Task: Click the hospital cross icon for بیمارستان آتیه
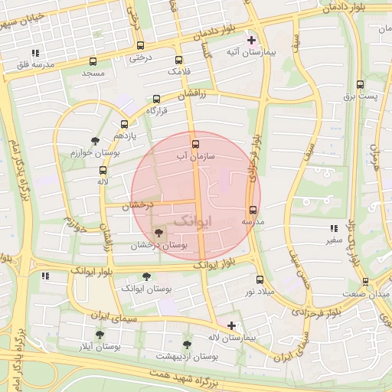click(x=251, y=39)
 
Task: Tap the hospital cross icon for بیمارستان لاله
click(x=231, y=325)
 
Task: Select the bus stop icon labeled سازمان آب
click(x=195, y=144)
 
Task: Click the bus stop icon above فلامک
click(x=178, y=60)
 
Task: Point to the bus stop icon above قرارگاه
click(x=157, y=99)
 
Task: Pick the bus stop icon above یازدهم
click(x=124, y=124)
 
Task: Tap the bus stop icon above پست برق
click(x=360, y=85)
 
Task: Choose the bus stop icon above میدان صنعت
click(x=365, y=282)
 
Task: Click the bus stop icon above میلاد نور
click(x=260, y=279)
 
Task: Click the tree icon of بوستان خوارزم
click(x=95, y=141)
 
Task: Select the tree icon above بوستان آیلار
click(x=100, y=335)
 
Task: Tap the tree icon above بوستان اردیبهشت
click(x=188, y=345)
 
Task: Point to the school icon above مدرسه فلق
click(x=35, y=54)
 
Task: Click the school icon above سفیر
click(x=333, y=228)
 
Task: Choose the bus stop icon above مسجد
click(x=93, y=61)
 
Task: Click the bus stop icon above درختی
click(x=139, y=45)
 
